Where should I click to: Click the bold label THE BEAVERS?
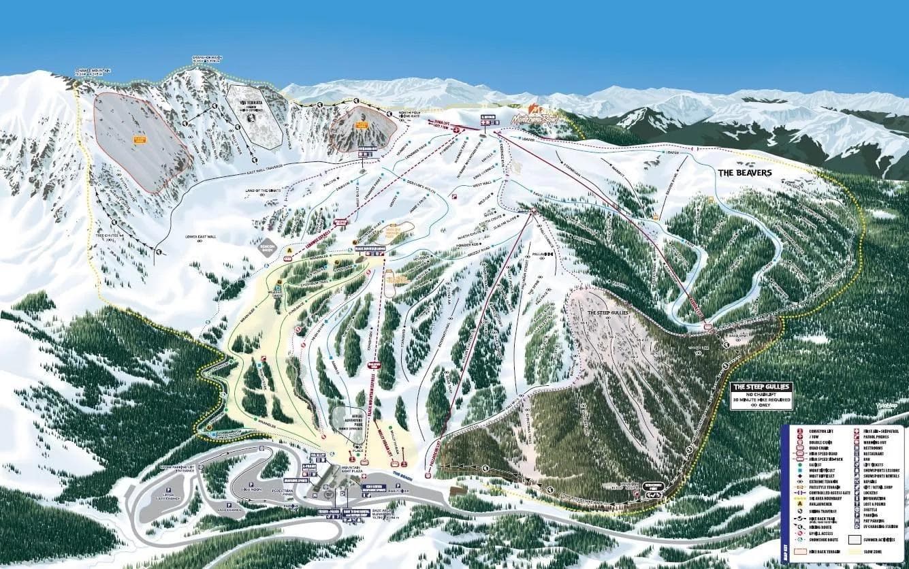(745, 173)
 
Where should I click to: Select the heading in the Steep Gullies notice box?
(761, 387)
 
